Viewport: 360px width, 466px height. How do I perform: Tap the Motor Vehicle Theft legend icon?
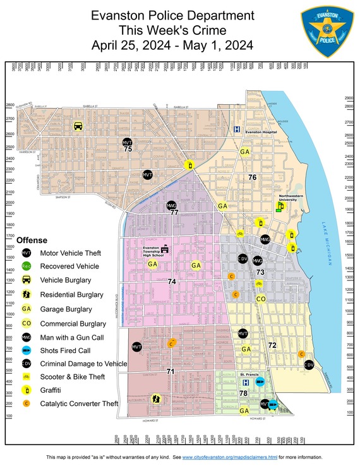coord(27,253)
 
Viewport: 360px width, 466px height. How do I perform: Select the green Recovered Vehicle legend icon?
coord(27,266)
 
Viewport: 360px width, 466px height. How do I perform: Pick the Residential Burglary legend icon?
coord(27,294)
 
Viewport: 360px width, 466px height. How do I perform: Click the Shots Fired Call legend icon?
coord(27,350)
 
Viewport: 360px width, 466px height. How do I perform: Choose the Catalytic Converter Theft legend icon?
coord(27,403)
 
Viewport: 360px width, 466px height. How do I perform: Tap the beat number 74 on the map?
coord(171,282)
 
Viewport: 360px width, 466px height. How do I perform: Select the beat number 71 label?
coord(170,372)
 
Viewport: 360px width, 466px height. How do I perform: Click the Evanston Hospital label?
coord(261,132)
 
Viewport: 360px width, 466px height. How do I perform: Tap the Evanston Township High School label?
coord(152,251)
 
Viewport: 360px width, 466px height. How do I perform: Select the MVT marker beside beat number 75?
coord(127,142)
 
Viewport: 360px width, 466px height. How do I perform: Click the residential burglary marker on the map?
coord(156,398)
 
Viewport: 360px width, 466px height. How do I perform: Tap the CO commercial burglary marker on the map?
coord(260,299)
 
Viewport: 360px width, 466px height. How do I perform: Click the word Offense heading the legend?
coord(32,240)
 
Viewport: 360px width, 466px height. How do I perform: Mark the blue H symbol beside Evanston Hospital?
coord(237,129)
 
